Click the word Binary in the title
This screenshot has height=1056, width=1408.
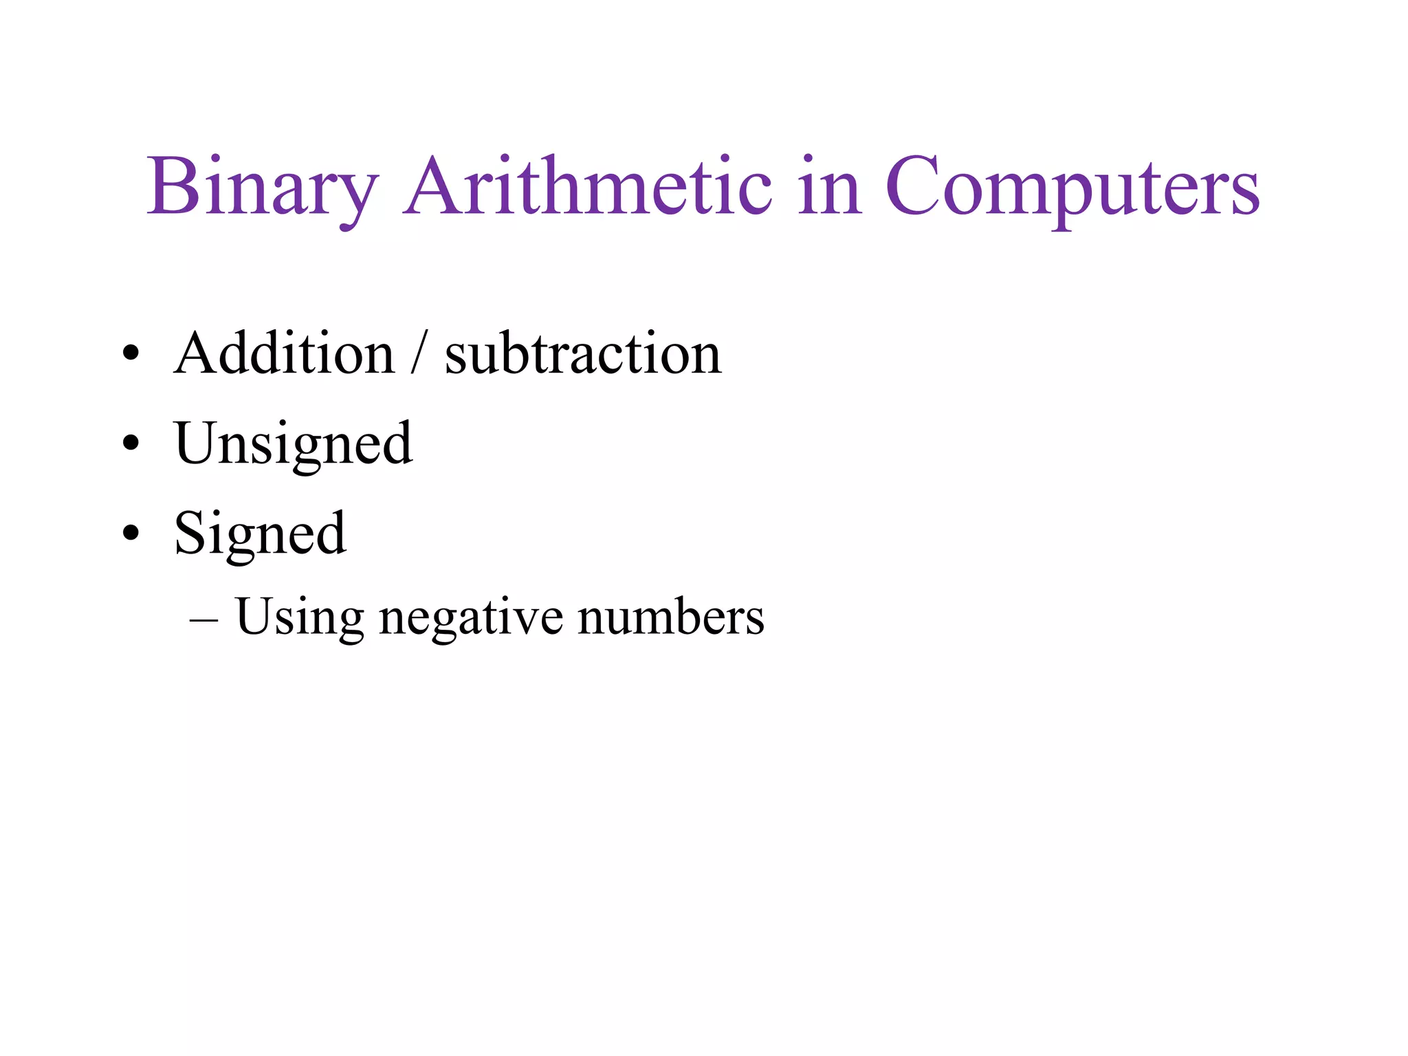262,187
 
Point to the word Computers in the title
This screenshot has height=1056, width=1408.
1072,187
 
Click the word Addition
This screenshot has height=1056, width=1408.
284,353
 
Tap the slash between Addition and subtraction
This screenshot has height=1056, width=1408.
419,353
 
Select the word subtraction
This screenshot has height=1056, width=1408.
583,353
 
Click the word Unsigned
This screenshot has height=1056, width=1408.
294,444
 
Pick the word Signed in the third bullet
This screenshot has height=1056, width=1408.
260,533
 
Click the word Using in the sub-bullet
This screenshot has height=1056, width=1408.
299,617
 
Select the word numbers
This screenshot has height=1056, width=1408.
671,617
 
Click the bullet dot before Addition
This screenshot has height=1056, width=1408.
131,354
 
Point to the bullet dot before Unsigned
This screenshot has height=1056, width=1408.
131,443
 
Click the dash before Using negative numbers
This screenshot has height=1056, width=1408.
203,619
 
